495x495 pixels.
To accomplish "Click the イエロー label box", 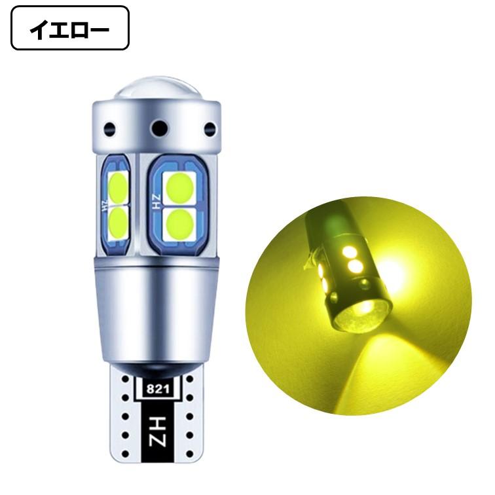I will (x=70, y=28).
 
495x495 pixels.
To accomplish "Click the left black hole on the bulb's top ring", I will (x=111, y=129).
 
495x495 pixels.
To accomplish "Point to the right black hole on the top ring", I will (x=210, y=128).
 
